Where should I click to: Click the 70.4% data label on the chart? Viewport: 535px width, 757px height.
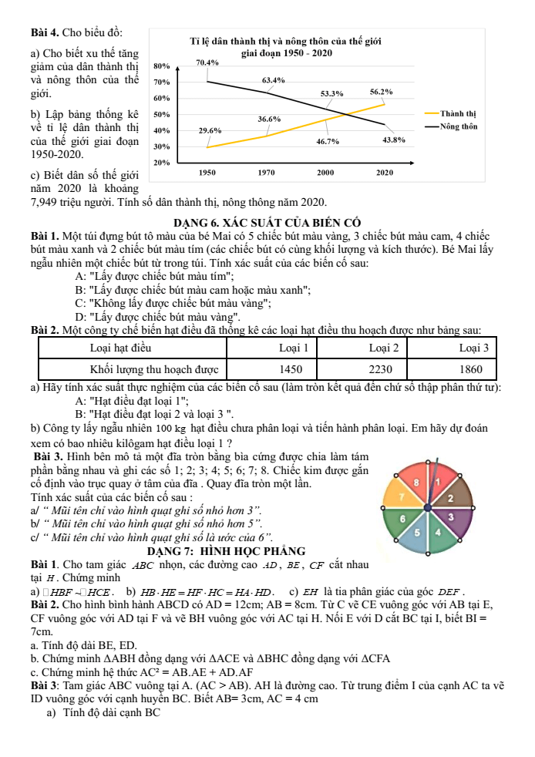[x=207, y=62]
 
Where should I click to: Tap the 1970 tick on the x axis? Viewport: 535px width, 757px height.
[x=267, y=173]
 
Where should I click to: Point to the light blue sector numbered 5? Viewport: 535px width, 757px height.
[x=417, y=532]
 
